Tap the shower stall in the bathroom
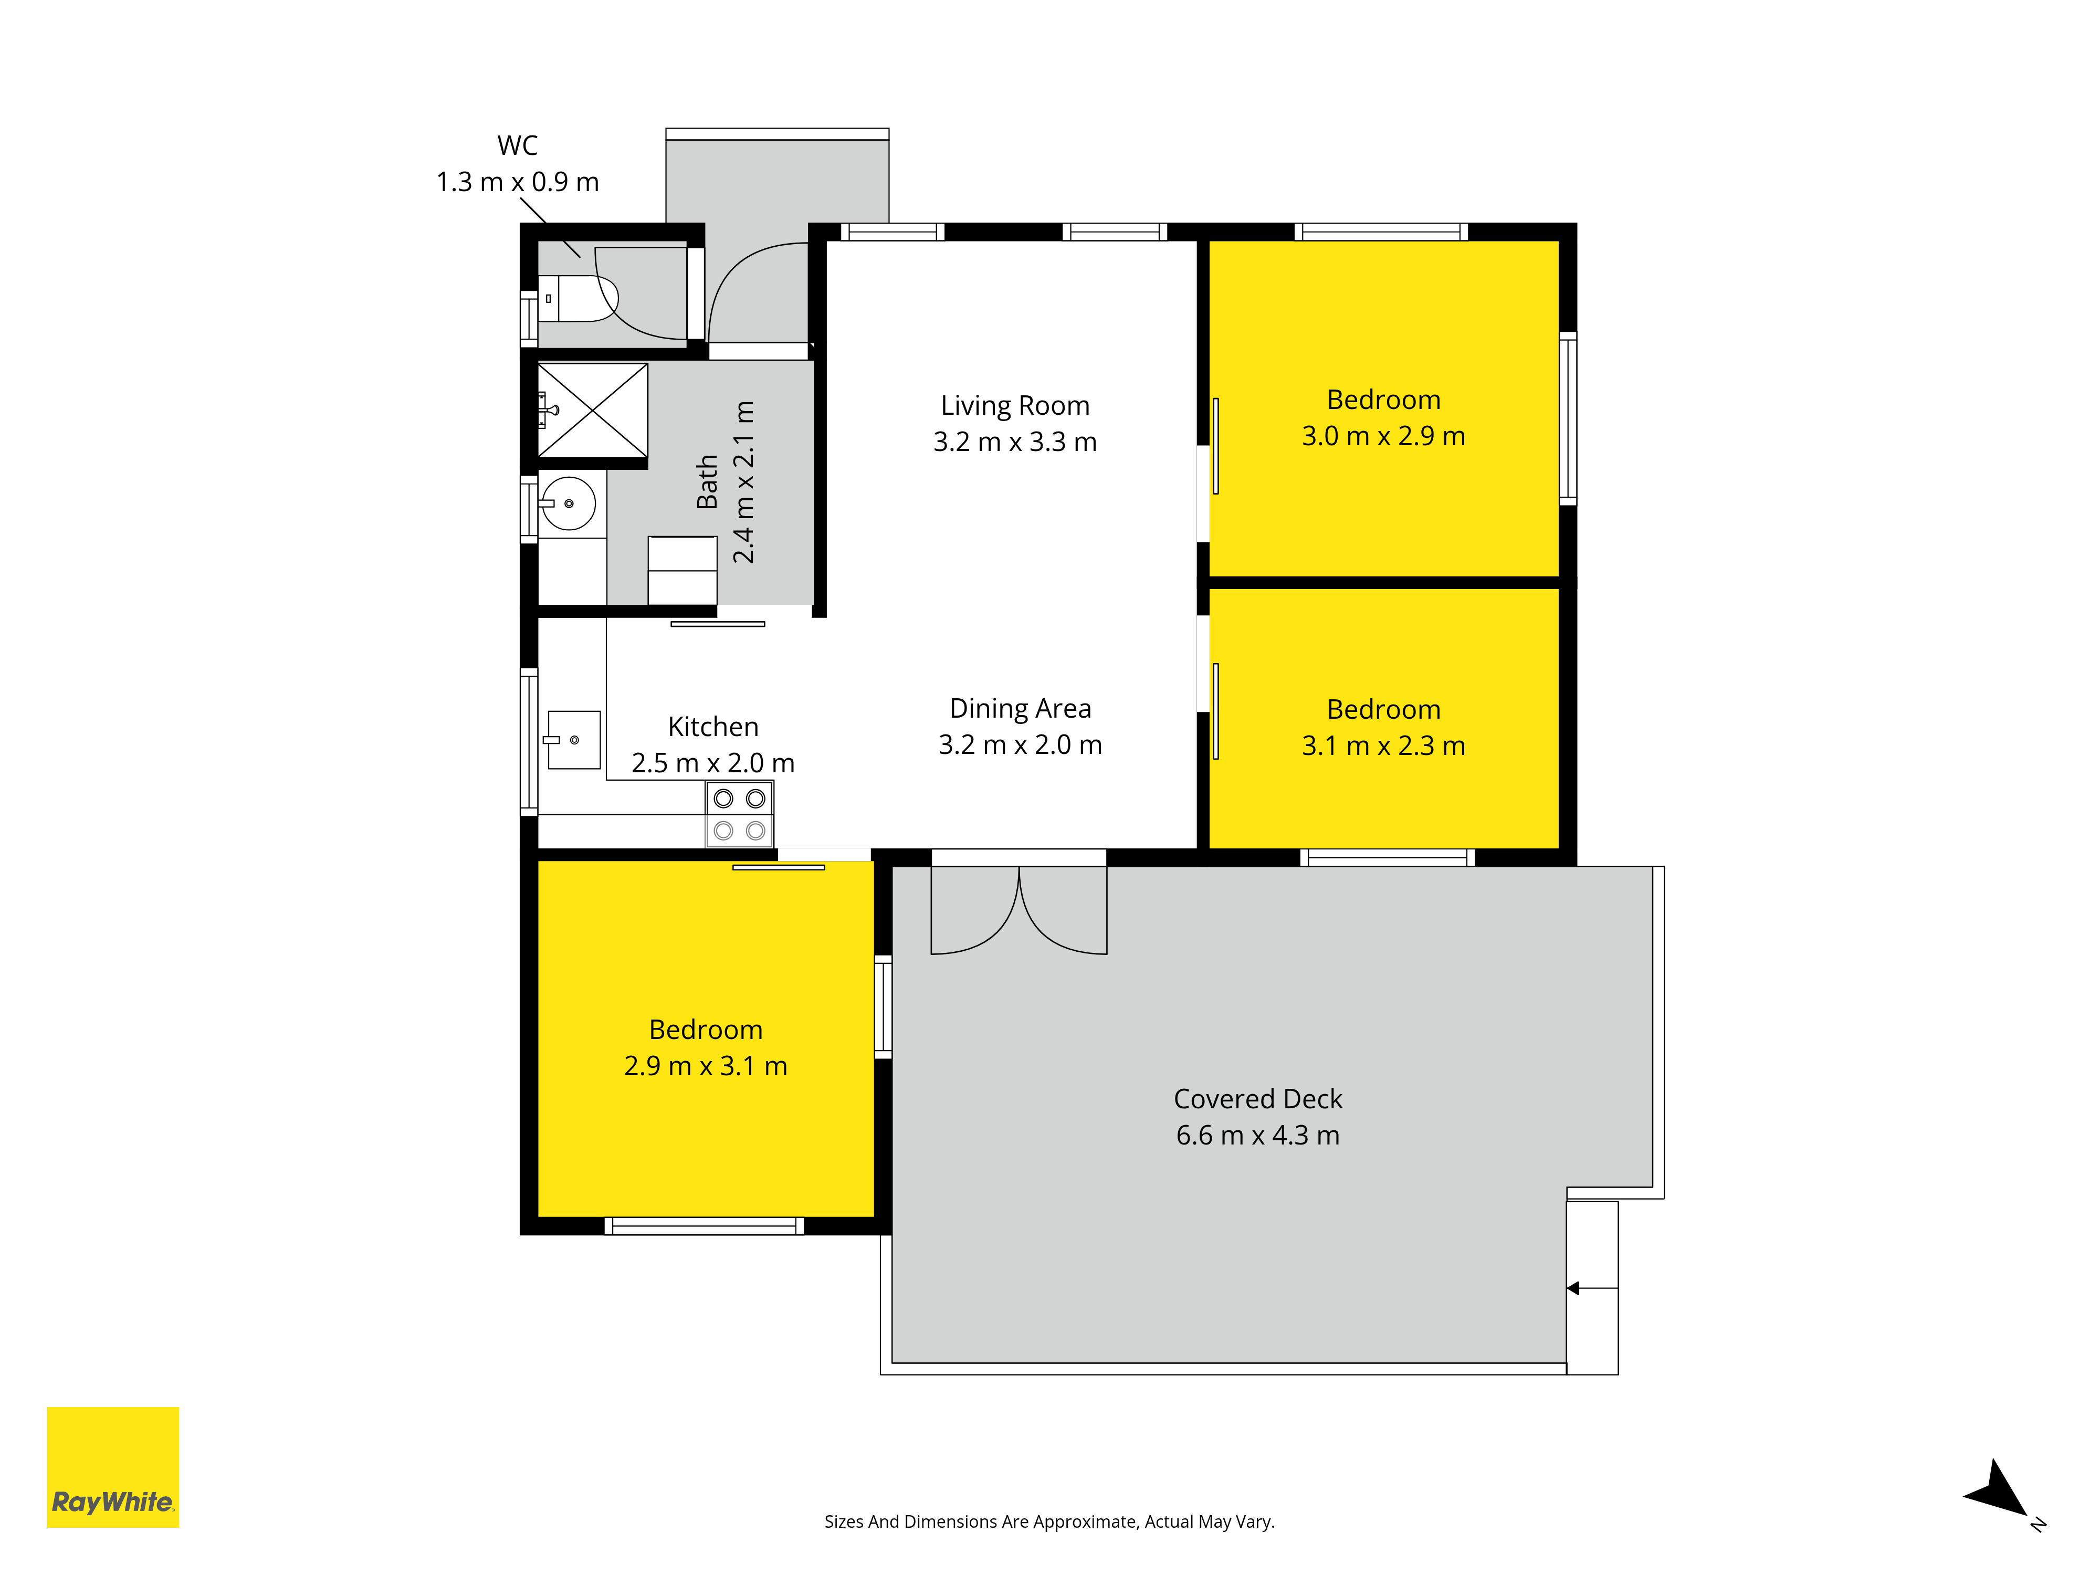592,410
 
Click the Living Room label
1015,405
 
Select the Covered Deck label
1258,1098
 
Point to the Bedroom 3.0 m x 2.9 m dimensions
1383,436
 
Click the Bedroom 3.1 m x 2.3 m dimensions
1383,745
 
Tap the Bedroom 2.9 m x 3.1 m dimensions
706,1066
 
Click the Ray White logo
113,1467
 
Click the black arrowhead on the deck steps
1572,1288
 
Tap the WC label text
518,145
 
